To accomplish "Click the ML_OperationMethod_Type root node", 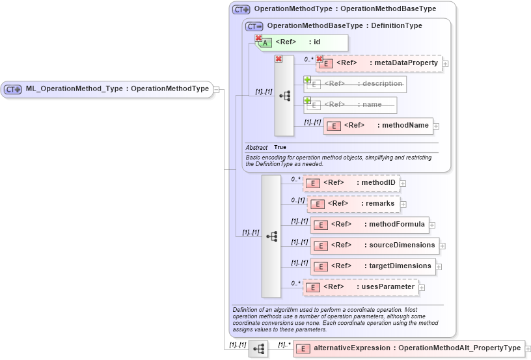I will [107, 89].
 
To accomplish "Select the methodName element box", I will [378, 126].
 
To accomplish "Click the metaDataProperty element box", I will [379, 63].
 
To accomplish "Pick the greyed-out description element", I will [355, 84].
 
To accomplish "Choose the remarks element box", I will [353, 204].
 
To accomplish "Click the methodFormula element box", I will [370, 225].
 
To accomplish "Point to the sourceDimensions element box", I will [374, 245].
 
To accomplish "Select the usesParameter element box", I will [361, 287].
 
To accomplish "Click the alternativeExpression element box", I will [408, 348].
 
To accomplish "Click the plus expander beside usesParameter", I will [422, 287].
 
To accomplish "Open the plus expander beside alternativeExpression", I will [528, 349].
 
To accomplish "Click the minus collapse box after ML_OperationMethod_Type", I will [216, 89].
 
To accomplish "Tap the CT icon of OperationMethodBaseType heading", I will [254, 26].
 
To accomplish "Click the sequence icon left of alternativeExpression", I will [258, 349].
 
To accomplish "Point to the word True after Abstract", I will [280, 148].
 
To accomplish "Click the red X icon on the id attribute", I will [258, 38].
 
